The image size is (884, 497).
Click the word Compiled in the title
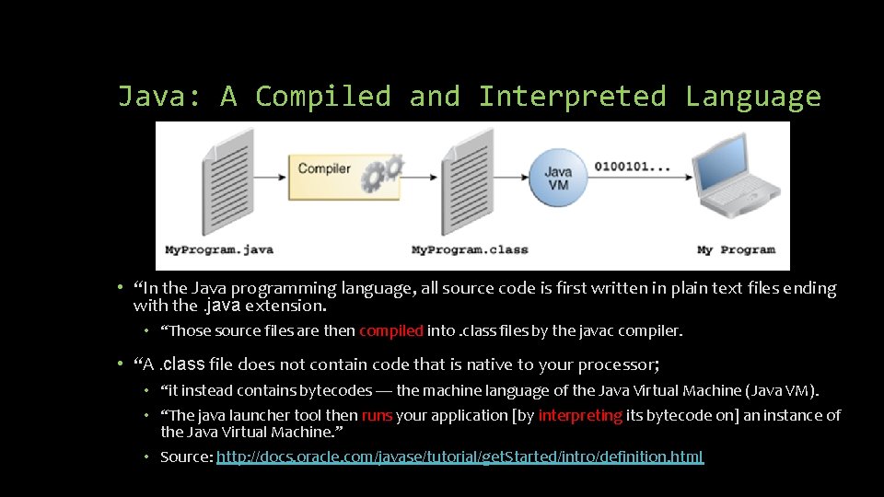[322, 97]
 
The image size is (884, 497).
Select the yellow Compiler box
[324, 169]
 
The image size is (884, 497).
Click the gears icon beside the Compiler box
[382, 173]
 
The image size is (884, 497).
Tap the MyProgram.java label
[219, 249]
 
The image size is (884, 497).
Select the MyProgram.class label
[470, 249]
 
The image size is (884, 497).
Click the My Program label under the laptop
[736, 249]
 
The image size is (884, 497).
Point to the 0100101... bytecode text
[632, 167]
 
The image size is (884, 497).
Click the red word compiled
[390, 330]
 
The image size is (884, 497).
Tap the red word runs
[377, 415]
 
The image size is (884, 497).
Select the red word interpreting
[580, 415]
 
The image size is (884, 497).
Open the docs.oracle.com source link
[459, 457]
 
